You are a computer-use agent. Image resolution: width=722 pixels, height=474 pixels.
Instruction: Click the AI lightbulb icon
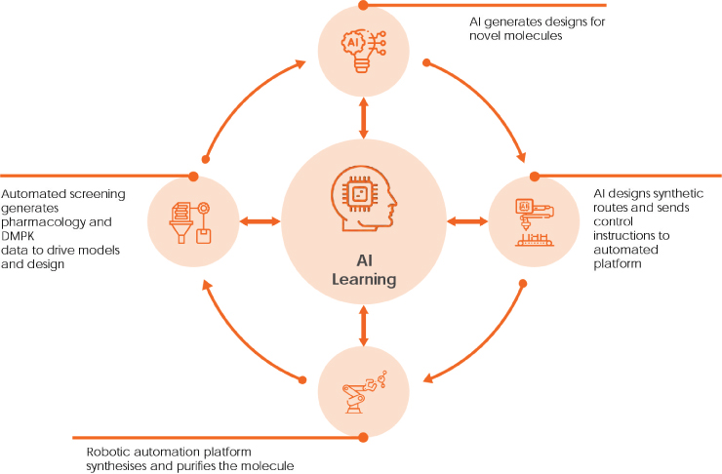(363, 51)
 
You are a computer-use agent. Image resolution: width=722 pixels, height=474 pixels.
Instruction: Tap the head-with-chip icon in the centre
(364, 198)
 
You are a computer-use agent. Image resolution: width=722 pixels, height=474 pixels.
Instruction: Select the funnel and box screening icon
(190, 222)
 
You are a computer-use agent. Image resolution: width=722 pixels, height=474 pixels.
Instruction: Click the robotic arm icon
(364, 392)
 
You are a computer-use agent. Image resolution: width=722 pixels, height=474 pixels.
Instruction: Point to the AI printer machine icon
(534, 222)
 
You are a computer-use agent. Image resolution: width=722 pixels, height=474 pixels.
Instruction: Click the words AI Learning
(364, 270)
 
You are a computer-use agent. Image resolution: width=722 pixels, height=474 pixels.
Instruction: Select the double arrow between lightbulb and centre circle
(364, 118)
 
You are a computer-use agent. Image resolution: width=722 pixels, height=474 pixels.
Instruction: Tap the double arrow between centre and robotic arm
(364, 326)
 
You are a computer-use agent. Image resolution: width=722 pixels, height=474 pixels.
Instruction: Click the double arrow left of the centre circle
(261, 221)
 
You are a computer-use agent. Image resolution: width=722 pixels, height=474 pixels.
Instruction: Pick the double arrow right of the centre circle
(467, 221)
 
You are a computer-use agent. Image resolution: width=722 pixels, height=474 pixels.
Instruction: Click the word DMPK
(18, 236)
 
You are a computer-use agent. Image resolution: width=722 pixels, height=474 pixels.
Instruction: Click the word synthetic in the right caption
(678, 194)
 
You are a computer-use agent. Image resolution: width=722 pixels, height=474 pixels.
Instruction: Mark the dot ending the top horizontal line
(363, 6)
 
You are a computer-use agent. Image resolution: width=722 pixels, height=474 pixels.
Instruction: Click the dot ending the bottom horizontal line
(363, 437)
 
